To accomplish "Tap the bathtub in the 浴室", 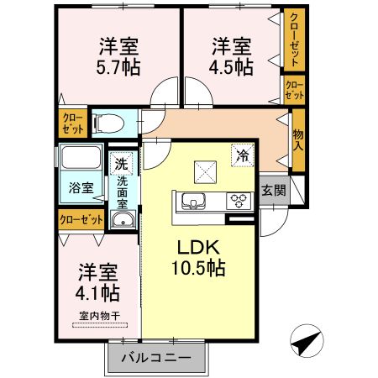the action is [81, 157].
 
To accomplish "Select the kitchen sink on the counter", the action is [193, 202].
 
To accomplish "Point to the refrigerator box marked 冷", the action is [243, 155].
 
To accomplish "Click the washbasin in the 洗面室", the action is [123, 220].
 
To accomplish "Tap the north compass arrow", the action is [307, 341].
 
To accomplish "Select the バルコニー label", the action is [156, 358].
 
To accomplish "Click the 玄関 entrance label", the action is [274, 191].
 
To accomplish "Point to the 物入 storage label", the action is [298, 140].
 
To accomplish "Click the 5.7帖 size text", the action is [118, 67].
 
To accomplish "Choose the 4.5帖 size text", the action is [231, 67].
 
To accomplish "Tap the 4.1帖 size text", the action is [97, 293].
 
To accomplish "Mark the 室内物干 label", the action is [100, 317].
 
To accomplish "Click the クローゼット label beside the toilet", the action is [73, 123].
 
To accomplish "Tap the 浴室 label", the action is [81, 188].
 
